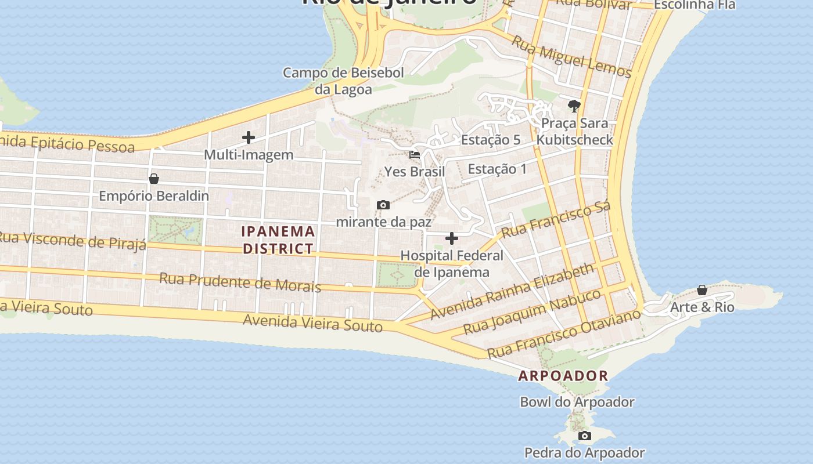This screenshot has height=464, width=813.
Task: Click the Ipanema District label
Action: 278,240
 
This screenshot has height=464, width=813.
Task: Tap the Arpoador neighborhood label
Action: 563,376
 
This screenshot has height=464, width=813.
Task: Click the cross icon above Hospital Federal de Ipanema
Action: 451,238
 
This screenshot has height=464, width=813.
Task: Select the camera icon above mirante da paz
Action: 383,205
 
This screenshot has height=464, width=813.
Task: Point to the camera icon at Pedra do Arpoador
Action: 584,436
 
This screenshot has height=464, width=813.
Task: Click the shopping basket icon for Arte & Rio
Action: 702,289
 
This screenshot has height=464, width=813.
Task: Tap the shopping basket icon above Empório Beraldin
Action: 154,178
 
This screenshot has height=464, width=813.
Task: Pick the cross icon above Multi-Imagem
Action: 249,137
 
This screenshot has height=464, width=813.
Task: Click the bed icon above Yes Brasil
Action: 415,155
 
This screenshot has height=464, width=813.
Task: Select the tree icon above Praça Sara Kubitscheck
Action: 574,106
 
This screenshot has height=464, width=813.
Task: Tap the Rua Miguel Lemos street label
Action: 571,56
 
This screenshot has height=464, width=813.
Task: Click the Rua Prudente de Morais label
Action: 240,282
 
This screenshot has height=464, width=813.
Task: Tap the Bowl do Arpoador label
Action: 577,402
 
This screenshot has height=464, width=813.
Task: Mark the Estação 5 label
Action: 491,140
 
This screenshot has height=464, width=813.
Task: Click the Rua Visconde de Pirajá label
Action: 72,240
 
